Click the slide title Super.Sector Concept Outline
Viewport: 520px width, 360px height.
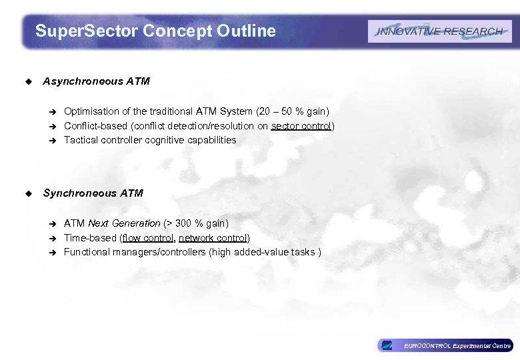pos(155,31)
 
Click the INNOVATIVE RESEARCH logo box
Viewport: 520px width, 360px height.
pos(439,31)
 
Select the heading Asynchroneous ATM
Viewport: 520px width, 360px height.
pos(97,81)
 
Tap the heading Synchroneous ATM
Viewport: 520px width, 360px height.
pos(93,193)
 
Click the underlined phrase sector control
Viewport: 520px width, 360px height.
pos(301,126)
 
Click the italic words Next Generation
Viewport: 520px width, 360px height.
pos(124,223)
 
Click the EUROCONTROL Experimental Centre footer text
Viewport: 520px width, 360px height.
pos(457,345)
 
